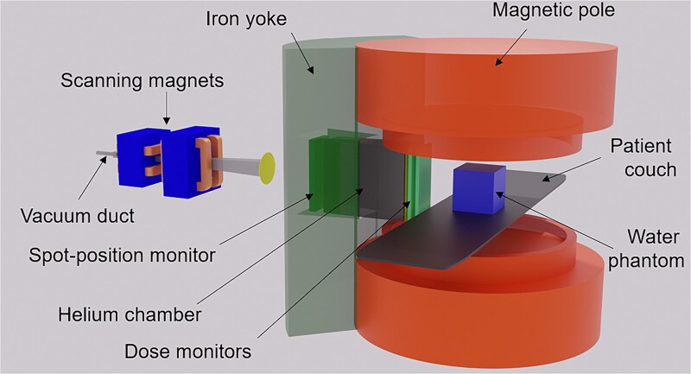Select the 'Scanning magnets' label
(x=143, y=83)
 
